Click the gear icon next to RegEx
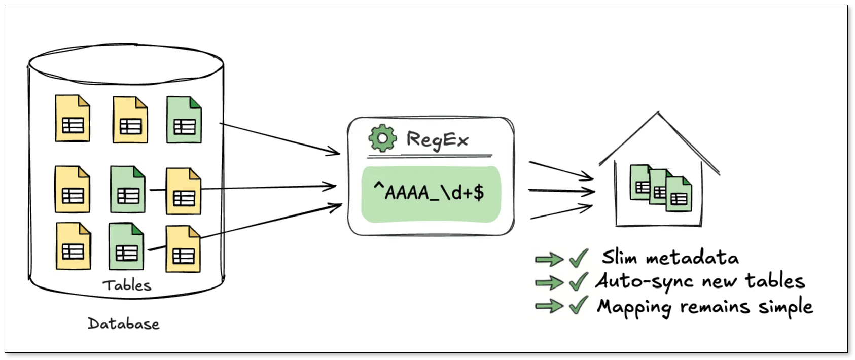pos(382,138)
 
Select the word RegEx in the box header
pos(437,139)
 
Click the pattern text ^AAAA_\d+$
pos(429,193)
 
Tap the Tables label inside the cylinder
pos(127,285)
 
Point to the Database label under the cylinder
pos(123,323)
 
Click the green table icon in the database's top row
pos(184,120)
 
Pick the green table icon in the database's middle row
pos(128,189)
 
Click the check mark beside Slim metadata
pos(578,258)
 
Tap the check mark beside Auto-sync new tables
pos(578,281)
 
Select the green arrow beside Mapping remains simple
pos(549,306)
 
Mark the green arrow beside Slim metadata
pos(549,259)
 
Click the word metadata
pos(692,258)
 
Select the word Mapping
pos(634,307)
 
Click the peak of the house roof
pos(658,113)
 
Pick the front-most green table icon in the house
pos(679,194)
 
